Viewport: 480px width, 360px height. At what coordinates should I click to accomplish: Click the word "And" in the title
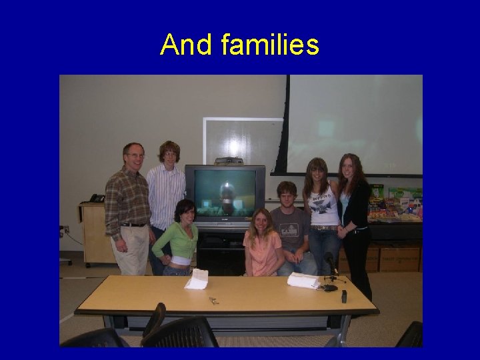(181, 45)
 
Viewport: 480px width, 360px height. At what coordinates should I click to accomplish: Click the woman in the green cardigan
(178, 240)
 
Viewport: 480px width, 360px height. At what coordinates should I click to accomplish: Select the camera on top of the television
(228, 161)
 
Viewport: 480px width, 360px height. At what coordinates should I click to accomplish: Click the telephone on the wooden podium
(97, 198)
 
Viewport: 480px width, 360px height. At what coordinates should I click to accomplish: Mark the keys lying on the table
(214, 301)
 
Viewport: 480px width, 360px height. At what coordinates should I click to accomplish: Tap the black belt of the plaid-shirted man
(133, 225)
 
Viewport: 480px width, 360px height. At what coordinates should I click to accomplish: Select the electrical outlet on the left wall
(65, 230)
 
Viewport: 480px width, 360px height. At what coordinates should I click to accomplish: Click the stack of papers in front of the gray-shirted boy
(303, 281)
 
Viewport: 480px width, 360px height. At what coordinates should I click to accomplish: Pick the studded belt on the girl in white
(325, 228)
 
